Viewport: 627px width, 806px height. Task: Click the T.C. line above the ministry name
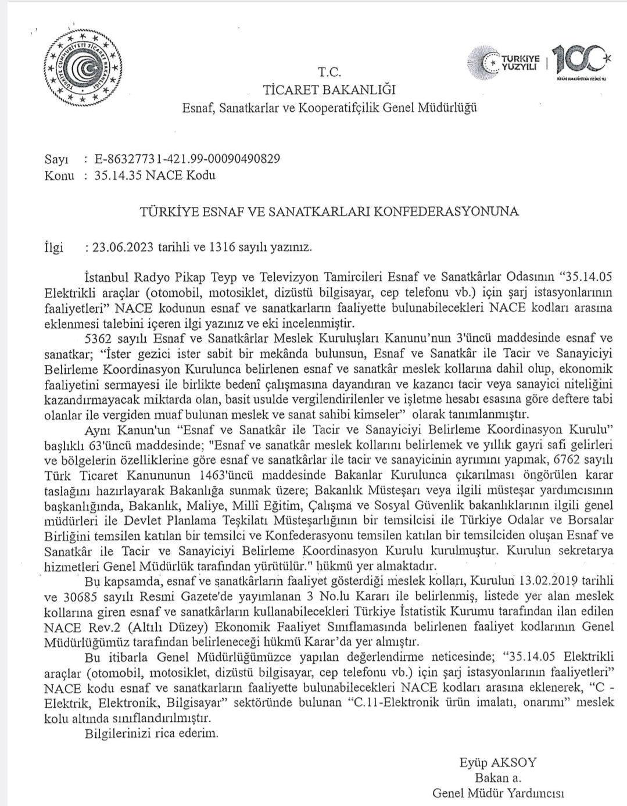coord(329,73)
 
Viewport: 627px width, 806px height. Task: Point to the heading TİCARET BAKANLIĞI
coord(329,89)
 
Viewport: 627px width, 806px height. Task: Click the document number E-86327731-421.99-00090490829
coord(187,159)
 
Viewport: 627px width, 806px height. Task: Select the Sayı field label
coord(56,159)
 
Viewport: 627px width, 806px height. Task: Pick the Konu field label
coord(59,175)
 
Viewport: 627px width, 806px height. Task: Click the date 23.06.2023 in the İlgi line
coord(123,246)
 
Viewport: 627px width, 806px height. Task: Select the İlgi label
coord(53,246)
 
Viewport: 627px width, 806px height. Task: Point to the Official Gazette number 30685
coord(76,597)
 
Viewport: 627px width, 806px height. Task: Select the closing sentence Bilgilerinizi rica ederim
coord(152,733)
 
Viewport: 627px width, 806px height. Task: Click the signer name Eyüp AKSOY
coord(497,762)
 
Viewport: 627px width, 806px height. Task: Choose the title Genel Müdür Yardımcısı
coord(498,793)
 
